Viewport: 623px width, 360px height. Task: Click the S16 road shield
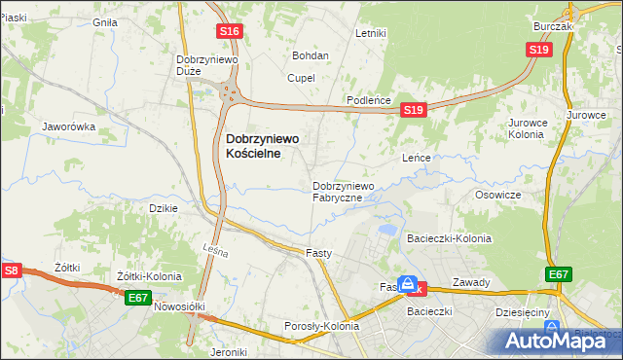coord(229,31)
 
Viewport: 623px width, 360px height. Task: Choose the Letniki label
coord(371,33)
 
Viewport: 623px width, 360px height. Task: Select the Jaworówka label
coord(68,126)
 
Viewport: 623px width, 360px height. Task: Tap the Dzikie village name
coord(163,208)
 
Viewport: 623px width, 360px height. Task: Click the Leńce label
coord(417,157)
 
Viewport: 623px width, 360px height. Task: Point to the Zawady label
coord(471,282)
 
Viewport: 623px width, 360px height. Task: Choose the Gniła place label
coord(104,21)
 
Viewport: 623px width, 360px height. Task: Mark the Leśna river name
coord(216,252)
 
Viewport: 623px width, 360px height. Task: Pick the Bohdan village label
coord(311,55)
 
